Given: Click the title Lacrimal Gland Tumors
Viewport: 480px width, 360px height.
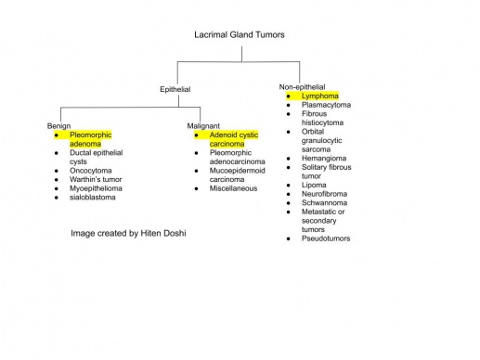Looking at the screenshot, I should (240, 35).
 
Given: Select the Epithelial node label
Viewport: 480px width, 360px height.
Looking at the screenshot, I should (175, 89).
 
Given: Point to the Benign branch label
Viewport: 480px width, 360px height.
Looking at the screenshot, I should (58, 125).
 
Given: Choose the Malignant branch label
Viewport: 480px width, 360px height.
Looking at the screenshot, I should (203, 125).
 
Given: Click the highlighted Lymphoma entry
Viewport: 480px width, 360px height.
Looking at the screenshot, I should (319, 96).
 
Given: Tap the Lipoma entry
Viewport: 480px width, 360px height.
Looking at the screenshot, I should (315, 185).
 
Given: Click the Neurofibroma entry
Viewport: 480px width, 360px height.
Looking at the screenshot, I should (327, 194).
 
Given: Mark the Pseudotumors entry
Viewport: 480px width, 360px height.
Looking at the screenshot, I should (326, 238).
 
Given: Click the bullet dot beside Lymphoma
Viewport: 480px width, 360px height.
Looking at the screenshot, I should (289, 96).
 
